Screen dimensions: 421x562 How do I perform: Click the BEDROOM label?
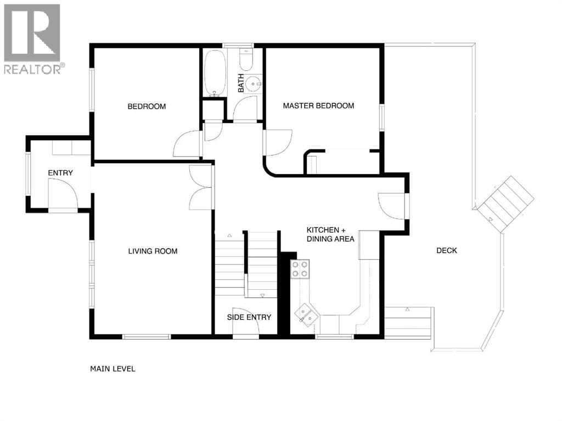click(147, 106)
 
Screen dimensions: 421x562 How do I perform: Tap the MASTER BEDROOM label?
click(318, 106)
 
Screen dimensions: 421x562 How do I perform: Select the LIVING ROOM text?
click(153, 251)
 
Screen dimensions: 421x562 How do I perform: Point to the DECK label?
click(446, 251)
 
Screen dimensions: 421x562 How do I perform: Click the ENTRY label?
click(60, 173)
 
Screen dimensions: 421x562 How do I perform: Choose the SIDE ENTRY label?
click(249, 317)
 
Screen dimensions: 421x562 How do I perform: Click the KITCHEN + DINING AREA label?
click(330, 234)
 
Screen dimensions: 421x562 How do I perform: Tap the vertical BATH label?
click(241, 83)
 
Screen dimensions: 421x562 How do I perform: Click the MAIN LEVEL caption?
click(113, 369)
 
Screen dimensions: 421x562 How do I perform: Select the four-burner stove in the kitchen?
click(300, 269)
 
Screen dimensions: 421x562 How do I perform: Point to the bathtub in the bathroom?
click(213, 73)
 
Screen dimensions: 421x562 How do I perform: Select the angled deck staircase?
click(505, 200)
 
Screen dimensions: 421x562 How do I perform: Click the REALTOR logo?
click(32, 38)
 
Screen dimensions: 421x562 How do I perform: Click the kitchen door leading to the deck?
click(392, 206)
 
